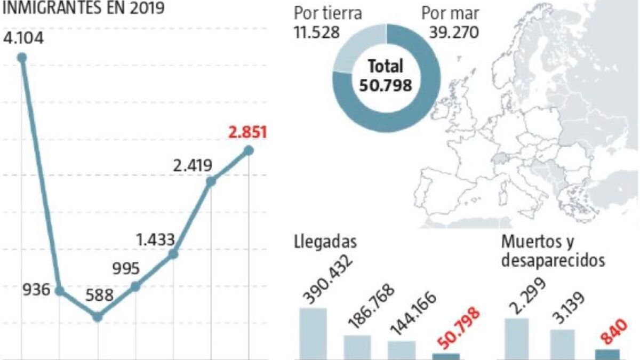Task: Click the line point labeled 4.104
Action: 22,58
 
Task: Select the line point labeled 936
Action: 60,291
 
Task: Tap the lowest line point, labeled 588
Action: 97,317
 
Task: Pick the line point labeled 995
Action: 135,286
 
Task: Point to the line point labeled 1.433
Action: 173,254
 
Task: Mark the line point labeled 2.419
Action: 211,181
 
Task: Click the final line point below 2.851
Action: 249,150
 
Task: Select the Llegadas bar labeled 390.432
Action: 313,333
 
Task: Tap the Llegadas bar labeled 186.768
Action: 357,347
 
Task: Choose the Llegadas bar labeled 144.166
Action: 402,349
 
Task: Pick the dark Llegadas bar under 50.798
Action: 446,356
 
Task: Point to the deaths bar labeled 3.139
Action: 562,344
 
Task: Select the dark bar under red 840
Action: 606,354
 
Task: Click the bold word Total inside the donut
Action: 386,67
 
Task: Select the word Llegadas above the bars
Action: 325,241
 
